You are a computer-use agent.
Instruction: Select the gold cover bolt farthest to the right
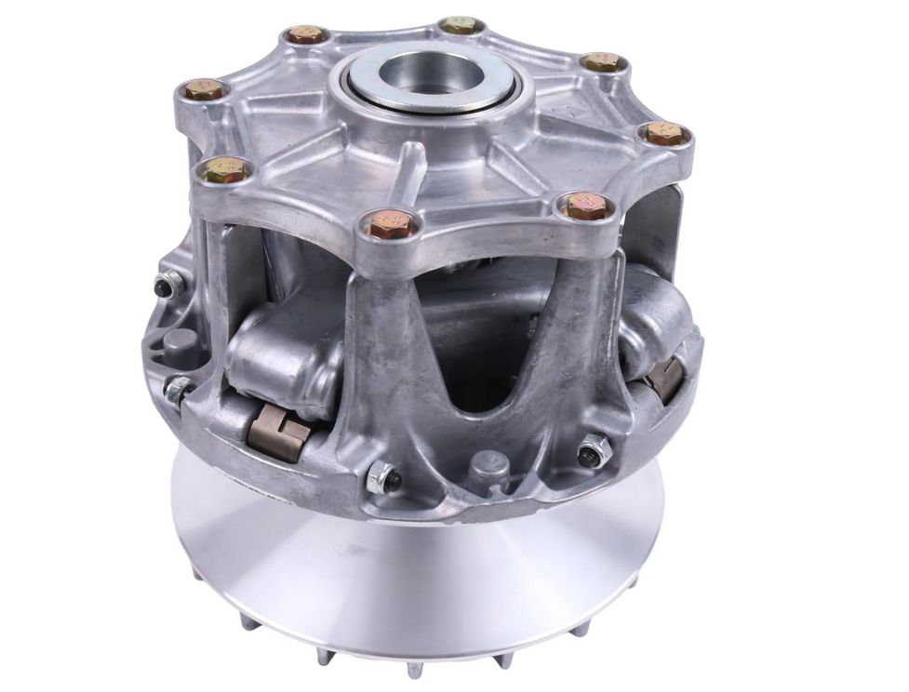[x=666, y=134]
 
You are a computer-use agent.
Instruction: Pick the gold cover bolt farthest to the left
[x=204, y=89]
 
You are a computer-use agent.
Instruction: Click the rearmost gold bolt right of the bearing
[x=460, y=25]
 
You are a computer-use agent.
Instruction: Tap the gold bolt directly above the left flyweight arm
[x=226, y=170]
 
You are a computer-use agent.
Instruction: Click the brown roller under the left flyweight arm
[x=278, y=432]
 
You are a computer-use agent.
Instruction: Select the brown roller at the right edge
[x=665, y=379]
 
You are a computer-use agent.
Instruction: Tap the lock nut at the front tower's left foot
[x=382, y=478]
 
